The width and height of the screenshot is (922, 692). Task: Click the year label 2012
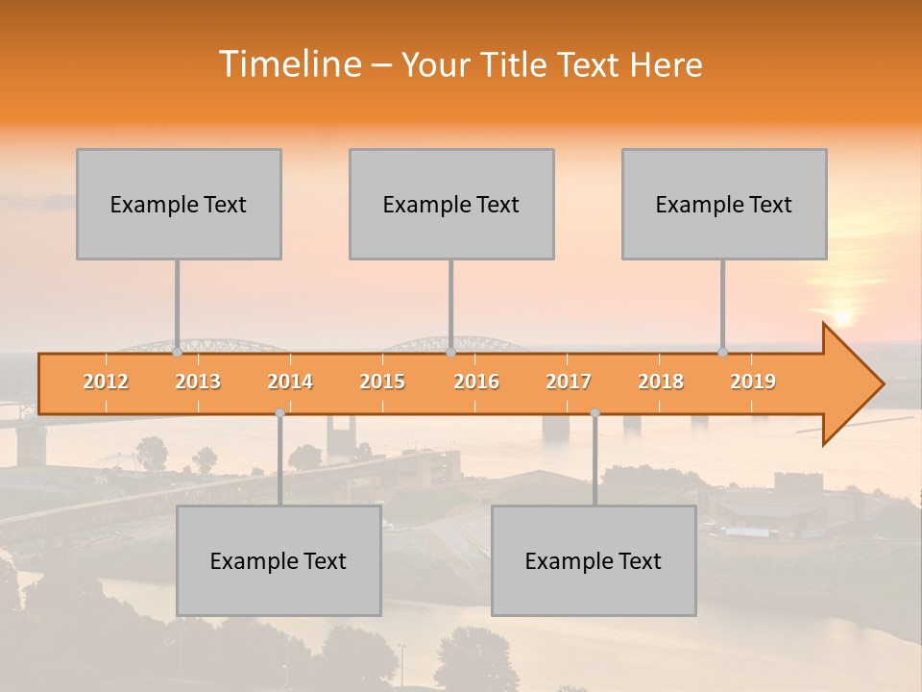(x=106, y=382)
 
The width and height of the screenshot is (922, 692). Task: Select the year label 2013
(x=198, y=382)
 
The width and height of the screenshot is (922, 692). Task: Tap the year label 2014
(x=290, y=382)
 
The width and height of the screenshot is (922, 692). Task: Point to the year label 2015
(x=382, y=382)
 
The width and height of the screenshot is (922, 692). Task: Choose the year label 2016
(x=476, y=382)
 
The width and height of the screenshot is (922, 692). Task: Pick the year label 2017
(x=569, y=382)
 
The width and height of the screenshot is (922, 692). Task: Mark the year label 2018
(x=661, y=382)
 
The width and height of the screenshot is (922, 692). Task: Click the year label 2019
(x=753, y=382)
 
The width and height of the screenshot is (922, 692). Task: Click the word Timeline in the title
(x=288, y=64)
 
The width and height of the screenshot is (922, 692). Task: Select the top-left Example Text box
(x=179, y=204)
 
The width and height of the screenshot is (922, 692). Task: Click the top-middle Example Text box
(x=451, y=204)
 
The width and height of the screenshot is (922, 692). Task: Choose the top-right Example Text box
(x=724, y=204)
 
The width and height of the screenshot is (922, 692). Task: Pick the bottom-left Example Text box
(x=279, y=560)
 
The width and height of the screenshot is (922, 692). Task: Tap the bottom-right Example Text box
(x=594, y=560)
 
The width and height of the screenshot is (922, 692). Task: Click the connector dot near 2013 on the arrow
(x=177, y=352)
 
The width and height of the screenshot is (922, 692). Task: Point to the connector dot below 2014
(x=279, y=412)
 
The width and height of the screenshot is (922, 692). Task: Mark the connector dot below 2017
(x=594, y=412)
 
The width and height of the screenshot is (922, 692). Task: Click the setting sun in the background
(x=842, y=317)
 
